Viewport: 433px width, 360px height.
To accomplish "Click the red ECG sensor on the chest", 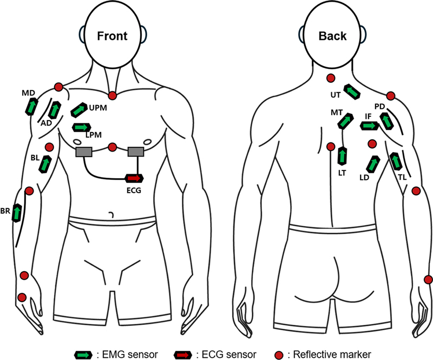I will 134,178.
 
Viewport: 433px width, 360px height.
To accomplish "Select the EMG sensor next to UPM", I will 79,110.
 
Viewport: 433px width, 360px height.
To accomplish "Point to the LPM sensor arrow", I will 81,127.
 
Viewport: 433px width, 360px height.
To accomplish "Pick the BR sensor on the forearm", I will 18,212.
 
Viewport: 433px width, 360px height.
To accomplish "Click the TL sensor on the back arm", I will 396,161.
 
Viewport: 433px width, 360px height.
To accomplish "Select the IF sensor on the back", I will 369,126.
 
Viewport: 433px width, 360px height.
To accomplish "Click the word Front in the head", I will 111,36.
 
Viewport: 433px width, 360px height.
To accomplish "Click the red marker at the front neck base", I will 113,96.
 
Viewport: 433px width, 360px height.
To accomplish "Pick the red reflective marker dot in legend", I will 278,355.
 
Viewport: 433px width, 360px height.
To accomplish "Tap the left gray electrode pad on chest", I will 85,153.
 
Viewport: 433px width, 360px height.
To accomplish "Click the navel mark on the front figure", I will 111,215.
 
